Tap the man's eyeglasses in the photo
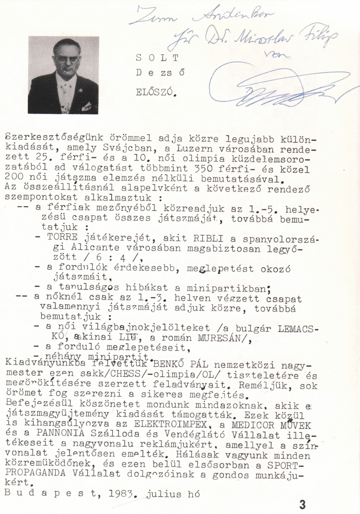[x=66, y=59]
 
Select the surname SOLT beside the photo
[x=153, y=58]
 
